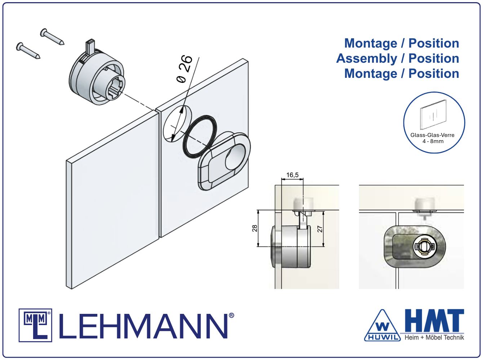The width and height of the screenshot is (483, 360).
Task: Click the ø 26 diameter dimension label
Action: pyautogui.click(x=185, y=69)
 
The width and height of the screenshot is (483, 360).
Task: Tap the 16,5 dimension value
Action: pyautogui.click(x=292, y=175)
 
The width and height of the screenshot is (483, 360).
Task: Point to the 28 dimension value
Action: pyautogui.click(x=254, y=228)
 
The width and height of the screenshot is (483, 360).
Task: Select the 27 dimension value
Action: pyautogui.click(x=320, y=229)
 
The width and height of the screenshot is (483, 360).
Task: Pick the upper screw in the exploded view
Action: pyautogui.click(x=52, y=37)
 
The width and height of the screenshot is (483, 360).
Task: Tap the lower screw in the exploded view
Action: pyautogui.click(x=28, y=51)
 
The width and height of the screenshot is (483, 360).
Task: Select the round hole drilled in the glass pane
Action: pyautogui.click(x=177, y=124)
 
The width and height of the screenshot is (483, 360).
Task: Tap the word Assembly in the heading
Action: pyautogui.click(x=366, y=58)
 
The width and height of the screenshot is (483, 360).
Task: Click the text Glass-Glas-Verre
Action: pyautogui.click(x=433, y=135)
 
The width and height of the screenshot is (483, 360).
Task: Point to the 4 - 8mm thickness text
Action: pyautogui.click(x=433, y=141)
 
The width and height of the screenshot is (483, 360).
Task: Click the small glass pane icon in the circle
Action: pyautogui.click(x=433, y=115)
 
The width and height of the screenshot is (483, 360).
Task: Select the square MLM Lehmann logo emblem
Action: pyautogui.click(x=35, y=325)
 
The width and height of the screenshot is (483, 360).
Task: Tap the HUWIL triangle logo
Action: pyautogui.click(x=382, y=326)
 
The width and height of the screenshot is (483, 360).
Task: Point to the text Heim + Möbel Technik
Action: pyautogui.click(x=434, y=337)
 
